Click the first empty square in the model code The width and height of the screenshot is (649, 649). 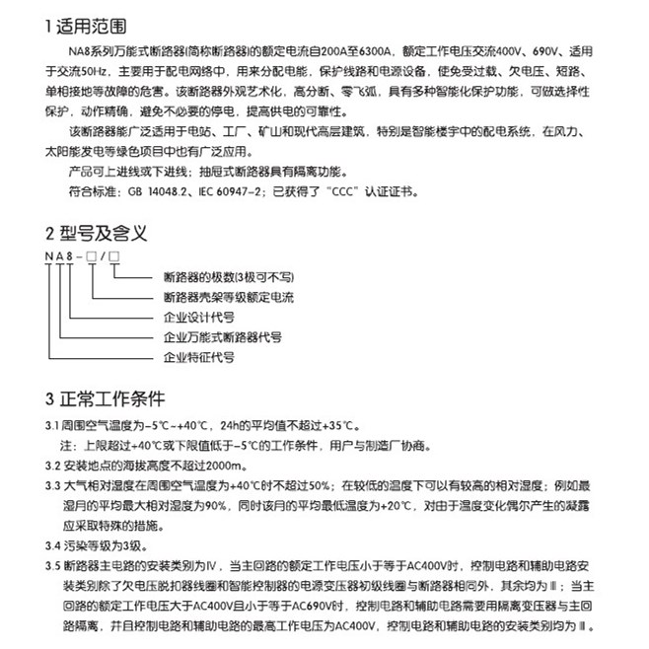click(92, 257)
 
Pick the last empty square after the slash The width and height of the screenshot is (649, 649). click(115, 257)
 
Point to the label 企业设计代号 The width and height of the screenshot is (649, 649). click(198, 318)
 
